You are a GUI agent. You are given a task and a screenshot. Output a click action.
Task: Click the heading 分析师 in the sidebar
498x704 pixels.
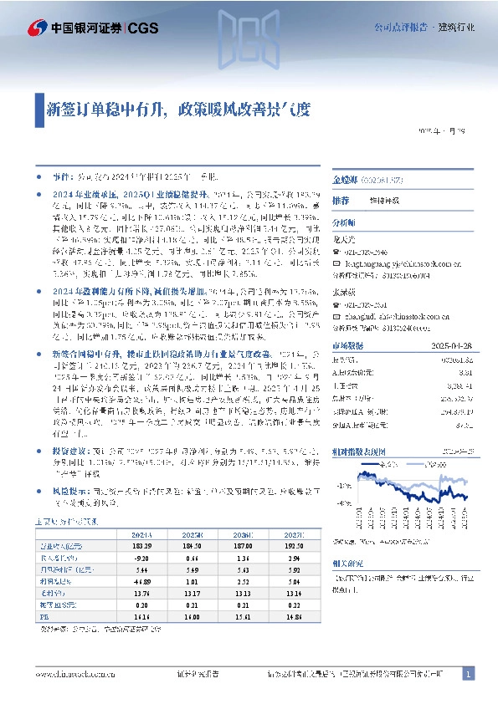pos(344,223)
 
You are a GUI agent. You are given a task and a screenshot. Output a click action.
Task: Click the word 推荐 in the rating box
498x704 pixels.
pos(341,202)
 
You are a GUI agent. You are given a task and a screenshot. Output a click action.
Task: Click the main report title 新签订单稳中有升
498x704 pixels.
pos(103,109)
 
